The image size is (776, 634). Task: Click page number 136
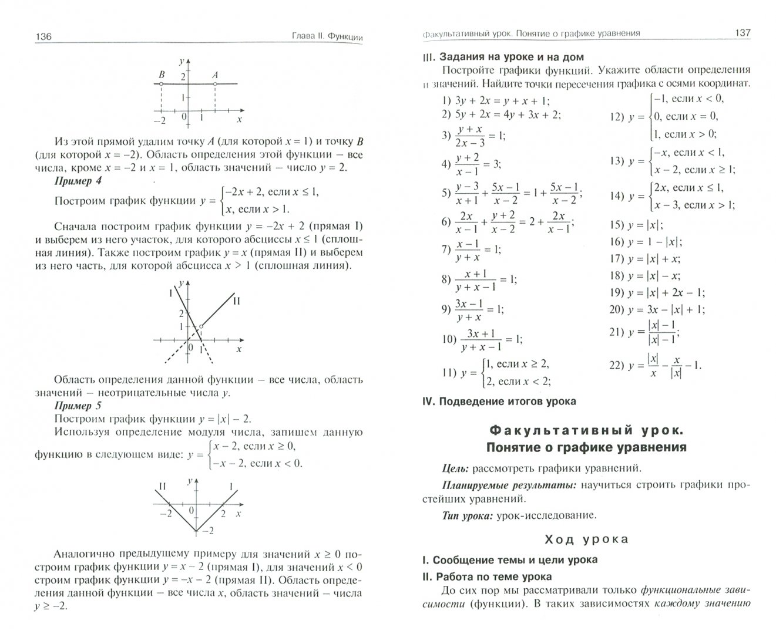click(43, 36)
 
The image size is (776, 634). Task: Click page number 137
click(743, 33)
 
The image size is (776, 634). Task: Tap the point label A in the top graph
click(215, 75)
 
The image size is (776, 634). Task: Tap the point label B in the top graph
click(162, 75)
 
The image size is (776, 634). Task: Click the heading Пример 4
click(78, 181)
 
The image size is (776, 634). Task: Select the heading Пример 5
click(78, 405)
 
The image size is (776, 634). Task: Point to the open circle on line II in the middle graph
click(201, 326)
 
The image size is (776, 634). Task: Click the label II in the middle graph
click(237, 301)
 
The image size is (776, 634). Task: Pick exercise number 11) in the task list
click(449, 372)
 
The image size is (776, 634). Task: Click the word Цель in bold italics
click(455, 468)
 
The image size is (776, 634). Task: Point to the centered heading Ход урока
click(586, 539)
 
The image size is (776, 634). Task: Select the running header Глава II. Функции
click(328, 36)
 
